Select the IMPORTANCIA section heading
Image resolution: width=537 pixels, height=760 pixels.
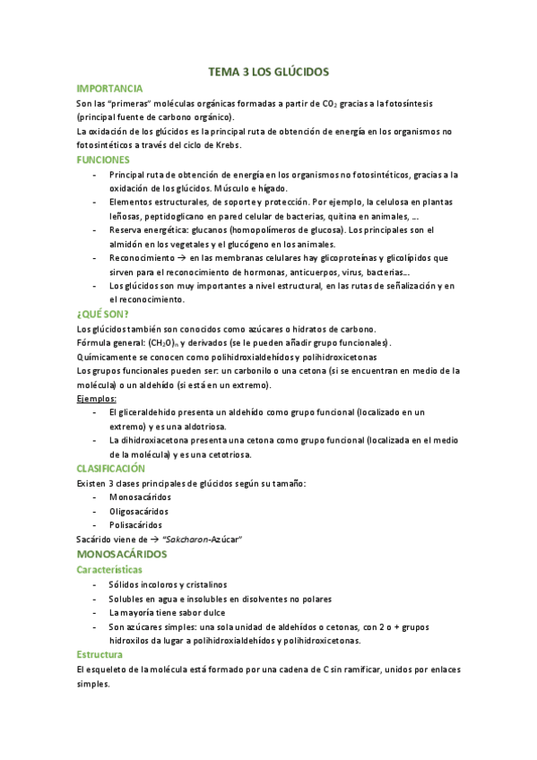click(109, 89)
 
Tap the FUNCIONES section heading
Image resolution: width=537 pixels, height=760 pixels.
click(103, 159)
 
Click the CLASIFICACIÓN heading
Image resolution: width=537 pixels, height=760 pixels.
click(111, 468)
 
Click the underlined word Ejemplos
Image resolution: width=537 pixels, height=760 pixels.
click(97, 398)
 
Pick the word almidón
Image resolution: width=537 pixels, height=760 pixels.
click(126, 244)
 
